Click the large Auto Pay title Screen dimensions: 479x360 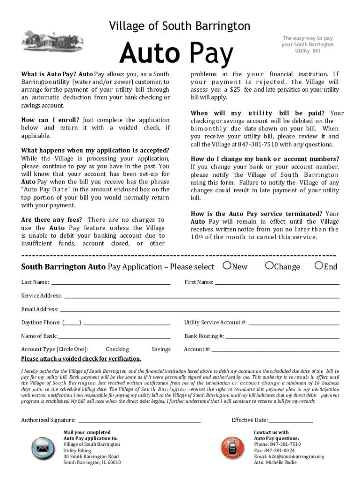(x=176, y=53)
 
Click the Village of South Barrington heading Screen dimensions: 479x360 (x=180, y=26)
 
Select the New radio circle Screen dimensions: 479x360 (x=227, y=266)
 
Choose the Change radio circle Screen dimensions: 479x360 (x=269, y=266)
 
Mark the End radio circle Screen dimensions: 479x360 (x=319, y=266)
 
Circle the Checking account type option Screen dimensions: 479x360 (x=117, y=349)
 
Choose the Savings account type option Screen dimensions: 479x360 (x=161, y=349)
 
